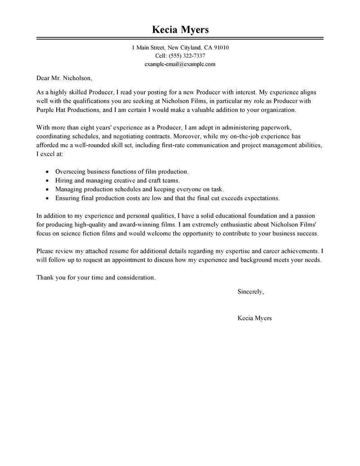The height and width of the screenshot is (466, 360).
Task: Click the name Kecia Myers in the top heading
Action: pos(180,30)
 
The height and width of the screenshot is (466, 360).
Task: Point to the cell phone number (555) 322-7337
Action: pos(187,56)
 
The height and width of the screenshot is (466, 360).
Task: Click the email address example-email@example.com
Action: pos(180,64)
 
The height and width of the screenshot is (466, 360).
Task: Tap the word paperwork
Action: pos(281,128)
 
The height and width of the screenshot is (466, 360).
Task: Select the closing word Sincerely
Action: pos(251,292)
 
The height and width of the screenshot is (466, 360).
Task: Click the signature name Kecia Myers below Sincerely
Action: pos(254,318)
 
